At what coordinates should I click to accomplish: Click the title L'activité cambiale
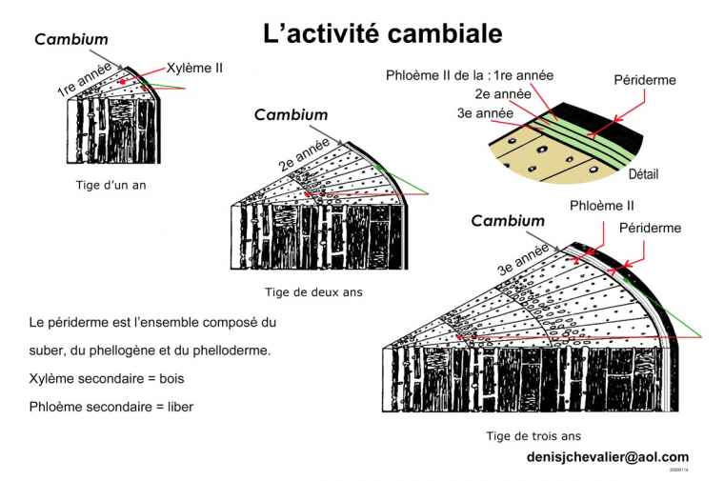pos(382,35)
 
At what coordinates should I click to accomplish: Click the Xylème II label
pos(194,69)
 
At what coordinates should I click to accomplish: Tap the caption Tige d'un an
pos(111,185)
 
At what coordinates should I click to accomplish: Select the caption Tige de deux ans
pos(313,292)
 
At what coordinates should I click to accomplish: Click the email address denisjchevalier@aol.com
pos(607,457)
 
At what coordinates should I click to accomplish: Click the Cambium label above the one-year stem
pos(71,40)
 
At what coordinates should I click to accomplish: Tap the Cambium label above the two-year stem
pos(291,115)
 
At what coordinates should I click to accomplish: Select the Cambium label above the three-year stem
pos(508,221)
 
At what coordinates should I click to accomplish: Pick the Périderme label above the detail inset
pos(645,81)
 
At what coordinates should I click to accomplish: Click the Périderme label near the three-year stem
pos(650,229)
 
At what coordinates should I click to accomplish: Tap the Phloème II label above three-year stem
pos(601,206)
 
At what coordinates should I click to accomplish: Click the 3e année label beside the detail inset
pos(486,113)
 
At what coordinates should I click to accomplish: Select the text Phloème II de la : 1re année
pos(469,74)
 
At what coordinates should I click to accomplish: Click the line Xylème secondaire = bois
pos(106,379)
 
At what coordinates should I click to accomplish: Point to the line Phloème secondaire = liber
pos(111,407)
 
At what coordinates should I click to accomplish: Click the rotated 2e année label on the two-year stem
pos(304,153)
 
